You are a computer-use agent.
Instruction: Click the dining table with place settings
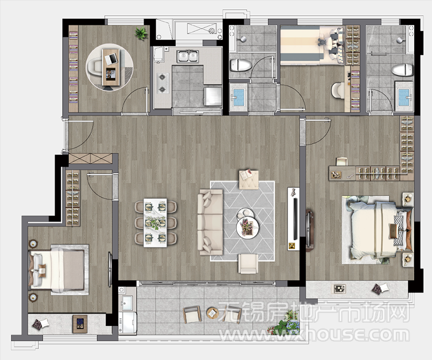(x=156, y=223)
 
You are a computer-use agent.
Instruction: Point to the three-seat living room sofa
(x=211, y=222)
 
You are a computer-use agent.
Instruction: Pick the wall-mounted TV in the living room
(x=295, y=219)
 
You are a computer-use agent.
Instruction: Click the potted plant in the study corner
(x=141, y=33)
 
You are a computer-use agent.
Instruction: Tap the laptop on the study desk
(x=113, y=58)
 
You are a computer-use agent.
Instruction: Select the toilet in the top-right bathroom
(x=402, y=70)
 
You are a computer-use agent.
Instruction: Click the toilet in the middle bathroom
(x=241, y=65)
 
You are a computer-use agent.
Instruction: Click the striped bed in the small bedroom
(x=312, y=45)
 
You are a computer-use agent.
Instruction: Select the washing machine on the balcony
(x=127, y=322)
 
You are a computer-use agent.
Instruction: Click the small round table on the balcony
(x=212, y=313)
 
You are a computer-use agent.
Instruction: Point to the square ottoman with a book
(x=248, y=179)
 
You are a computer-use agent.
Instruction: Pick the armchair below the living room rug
(x=248, y=264)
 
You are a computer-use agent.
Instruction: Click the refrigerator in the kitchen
(x=212, y=96)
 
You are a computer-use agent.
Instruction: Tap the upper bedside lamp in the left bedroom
(x=33, y=244)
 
